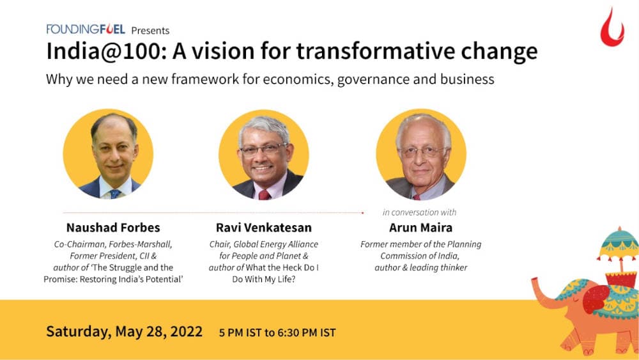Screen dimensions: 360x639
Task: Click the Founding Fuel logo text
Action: point(86,29)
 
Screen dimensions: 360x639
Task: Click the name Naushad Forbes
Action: point(113,228)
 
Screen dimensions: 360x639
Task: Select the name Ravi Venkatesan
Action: point(263,228)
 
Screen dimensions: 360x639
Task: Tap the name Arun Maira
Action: point(420,228)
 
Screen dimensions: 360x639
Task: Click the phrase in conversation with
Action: point(419,212)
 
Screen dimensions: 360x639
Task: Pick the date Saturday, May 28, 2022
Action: point(124,332)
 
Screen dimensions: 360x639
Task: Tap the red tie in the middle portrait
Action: point(264,194)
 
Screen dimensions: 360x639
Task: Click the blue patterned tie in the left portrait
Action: point(114,193)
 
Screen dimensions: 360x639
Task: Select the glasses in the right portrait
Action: point(422,152)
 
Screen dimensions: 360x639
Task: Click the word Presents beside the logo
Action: point(150,29)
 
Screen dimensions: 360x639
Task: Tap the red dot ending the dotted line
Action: point(363,212)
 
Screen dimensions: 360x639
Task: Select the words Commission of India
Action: point(420,256)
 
